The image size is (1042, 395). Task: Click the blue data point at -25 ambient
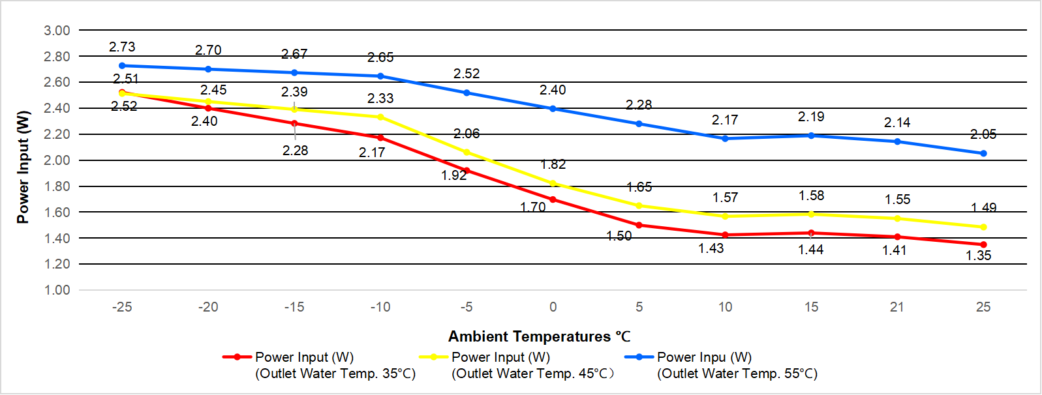click(x=122, y=66)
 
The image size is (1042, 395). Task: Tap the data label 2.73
click(x=122, y=47)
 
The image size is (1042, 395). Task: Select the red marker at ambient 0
click(x=553, y=199)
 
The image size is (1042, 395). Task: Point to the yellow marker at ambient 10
click(x=725, y=216)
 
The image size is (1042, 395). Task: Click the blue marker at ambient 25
click(x=983, y=154)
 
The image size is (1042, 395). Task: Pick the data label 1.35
click(x=978, y=256)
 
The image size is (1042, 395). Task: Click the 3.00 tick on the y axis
click(x=57, y=31)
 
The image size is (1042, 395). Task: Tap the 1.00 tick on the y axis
click(x=57, y=290)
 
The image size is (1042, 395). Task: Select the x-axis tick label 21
click(x=897, y=307)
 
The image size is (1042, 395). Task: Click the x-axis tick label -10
click(x=380, y=307)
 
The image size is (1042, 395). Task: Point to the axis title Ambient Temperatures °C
click(x=539, y=336)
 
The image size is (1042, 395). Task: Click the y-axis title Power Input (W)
click(x=23, y=167)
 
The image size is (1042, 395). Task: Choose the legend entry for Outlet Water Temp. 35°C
click(x=320, y=365)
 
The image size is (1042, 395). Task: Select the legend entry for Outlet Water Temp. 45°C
click(x=517, y=365)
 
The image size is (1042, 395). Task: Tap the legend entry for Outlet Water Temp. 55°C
click(x=722, y=365)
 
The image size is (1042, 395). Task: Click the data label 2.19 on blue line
click(x=811, y=117)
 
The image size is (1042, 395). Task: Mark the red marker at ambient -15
click(x=294, y=123)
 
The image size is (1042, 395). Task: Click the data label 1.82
click(x=553, y=164)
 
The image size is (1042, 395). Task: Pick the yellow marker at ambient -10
click(x=380, y=117)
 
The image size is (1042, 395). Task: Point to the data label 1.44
click(x=811, y=250)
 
